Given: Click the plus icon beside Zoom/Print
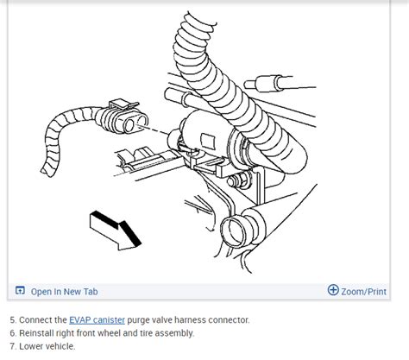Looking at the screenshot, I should tap(334, 290).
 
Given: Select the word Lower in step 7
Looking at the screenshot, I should tap(30, 346).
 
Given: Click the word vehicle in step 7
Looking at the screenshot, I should tap(61, 346).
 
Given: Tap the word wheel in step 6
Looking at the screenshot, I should tap(116, 332).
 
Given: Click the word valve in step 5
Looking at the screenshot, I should tap(166, 319).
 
